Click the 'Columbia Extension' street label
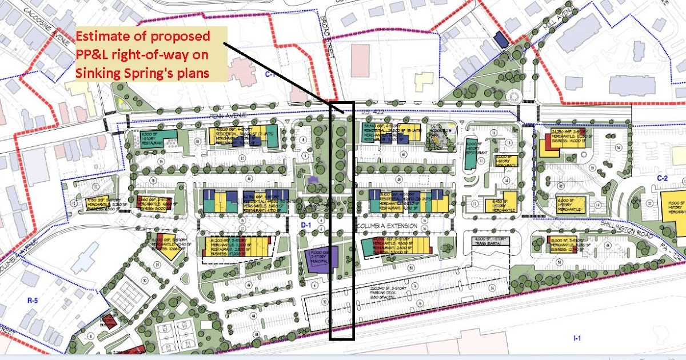coord(384,227)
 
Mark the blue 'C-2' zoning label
coord(663,178)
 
